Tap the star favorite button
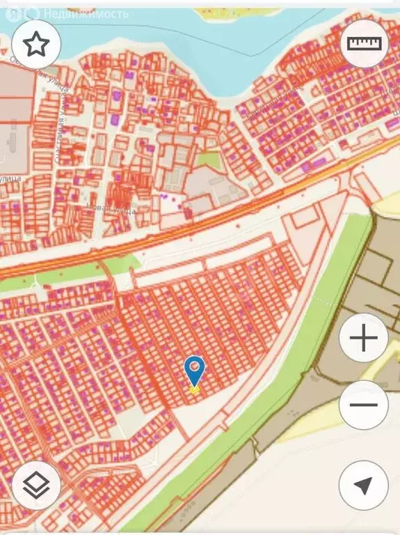pos(36,44)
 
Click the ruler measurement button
pos(365,43)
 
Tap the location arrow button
pos(363,486)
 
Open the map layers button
pos(36,486)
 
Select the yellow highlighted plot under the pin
pos(195,389)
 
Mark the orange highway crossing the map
pos(209,223)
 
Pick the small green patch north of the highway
pos(207,160)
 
